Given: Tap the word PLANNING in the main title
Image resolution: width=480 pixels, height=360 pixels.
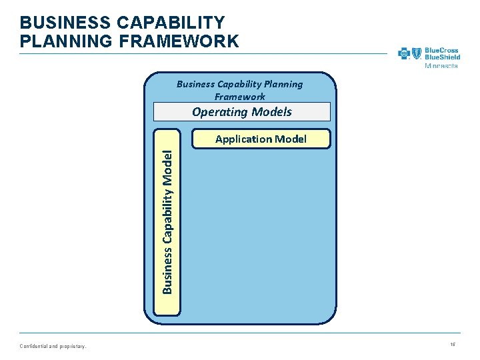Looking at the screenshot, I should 61,41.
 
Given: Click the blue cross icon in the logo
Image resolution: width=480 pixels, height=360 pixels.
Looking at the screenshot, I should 404,53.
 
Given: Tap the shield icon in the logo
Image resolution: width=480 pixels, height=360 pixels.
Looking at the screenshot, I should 417,53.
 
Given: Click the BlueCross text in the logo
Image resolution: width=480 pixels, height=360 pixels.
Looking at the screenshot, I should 442,49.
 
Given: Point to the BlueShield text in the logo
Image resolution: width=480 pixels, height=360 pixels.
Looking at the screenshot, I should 442,57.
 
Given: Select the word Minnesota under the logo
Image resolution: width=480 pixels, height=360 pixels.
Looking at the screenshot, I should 441,66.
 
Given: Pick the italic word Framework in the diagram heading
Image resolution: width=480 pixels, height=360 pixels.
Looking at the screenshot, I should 240,97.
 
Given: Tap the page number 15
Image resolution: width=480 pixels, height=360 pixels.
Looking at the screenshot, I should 452,344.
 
